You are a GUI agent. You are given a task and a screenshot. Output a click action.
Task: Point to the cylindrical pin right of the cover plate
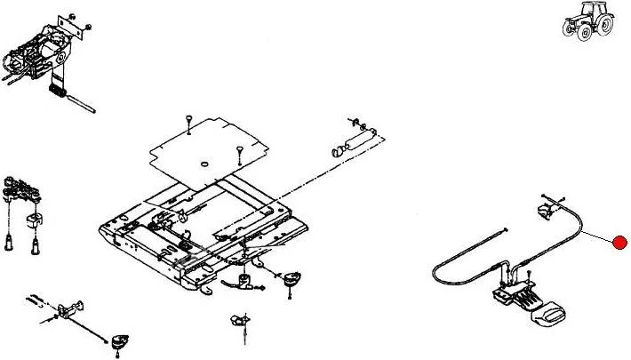(354, 141)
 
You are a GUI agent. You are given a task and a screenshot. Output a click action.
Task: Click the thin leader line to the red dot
(595, 233)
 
